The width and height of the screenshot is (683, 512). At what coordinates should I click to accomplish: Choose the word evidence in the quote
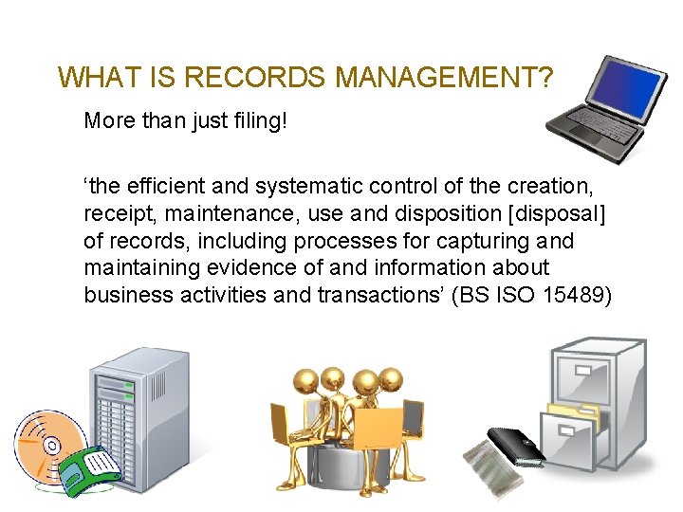point(241,268)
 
